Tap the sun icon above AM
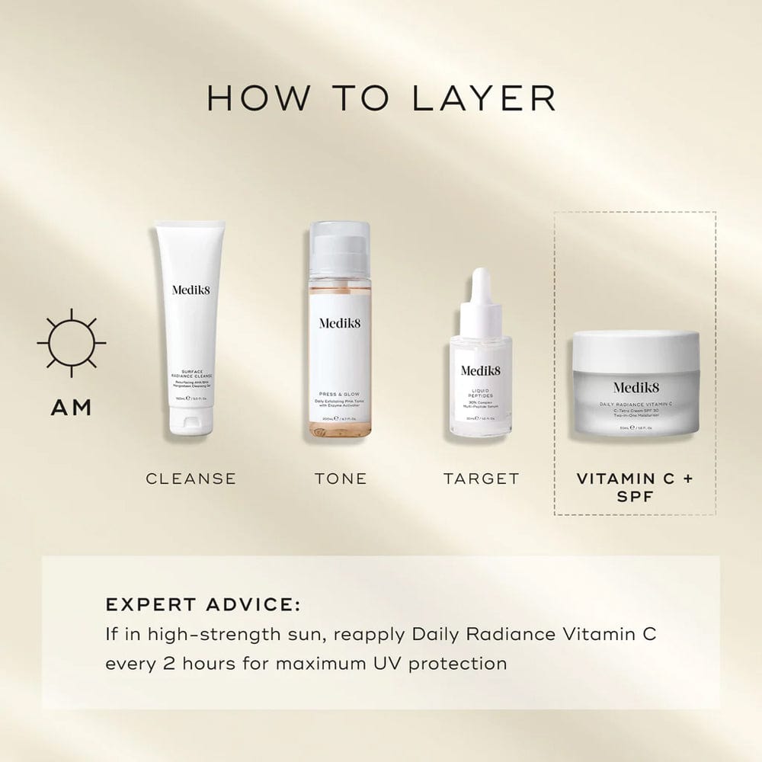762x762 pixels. pyautogui.click(x=72, y=343)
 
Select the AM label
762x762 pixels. pyautogui.click(x=72, y=408)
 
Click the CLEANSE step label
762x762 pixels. pyautogui.click(x=191, y=479)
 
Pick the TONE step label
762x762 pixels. pyautogui.click(x=341, y=479)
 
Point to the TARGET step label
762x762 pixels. pyautogui.click(x=482, y=479)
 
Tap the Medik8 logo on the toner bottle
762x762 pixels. pyautogui.click(x=340, y=322)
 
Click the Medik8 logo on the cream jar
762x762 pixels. pyautogui.click(x=637, y=387)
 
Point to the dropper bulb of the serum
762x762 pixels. pyautogui.click(x=479, y=285)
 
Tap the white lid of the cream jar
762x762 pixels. pyautogui.click(x=637, y=347)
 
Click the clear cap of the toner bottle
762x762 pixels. pyautogui.click(x=340, y=248)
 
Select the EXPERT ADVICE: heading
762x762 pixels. pyautogui.click(x=203, y=605)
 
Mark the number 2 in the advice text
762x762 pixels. pyautogui.click(x=168, y=663)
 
